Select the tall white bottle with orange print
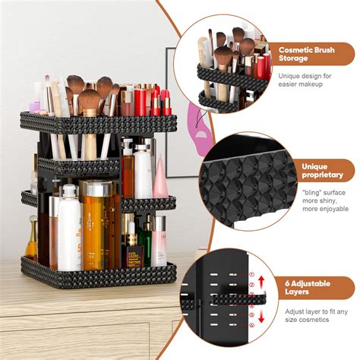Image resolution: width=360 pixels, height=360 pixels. tap(71, 228)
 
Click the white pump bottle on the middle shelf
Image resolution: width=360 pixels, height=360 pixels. tap(142, 171)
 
